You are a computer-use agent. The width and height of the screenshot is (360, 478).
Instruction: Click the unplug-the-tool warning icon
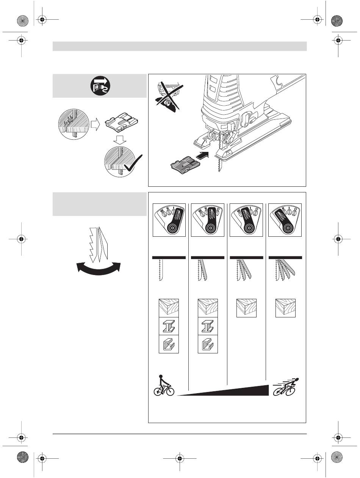(99, 86)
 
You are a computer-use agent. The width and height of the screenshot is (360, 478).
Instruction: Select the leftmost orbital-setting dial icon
(169, 220)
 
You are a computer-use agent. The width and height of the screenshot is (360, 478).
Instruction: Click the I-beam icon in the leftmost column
(169, 326)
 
